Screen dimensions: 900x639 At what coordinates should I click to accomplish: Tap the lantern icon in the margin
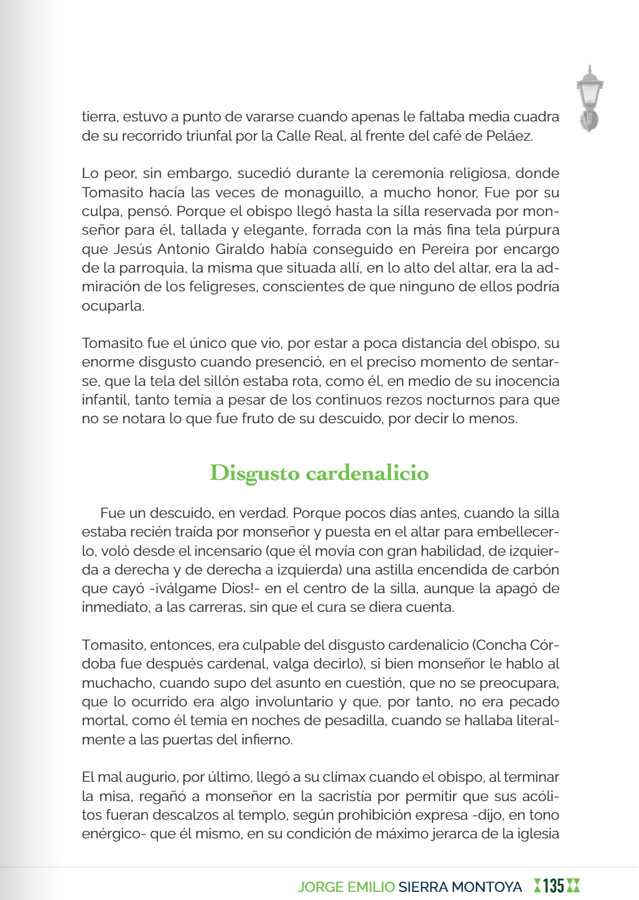589,98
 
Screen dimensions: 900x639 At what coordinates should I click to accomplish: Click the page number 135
553,886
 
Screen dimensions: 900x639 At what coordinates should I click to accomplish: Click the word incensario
229,551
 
